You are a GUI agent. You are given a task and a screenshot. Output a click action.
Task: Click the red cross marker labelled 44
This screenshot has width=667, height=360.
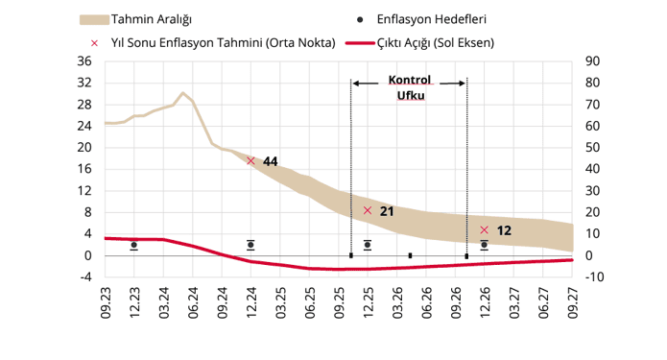(250, 160)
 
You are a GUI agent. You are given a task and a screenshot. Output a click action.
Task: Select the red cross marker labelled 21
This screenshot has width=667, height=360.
(368, 210)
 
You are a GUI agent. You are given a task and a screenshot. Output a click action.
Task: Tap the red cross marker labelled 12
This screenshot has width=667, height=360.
(484, 230)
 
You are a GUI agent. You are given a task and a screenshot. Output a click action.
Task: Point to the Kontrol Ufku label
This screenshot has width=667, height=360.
(410, 88)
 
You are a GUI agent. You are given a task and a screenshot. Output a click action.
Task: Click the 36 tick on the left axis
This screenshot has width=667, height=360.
(83, 61)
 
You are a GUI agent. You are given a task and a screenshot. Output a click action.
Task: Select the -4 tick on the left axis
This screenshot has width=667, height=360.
(85, 277)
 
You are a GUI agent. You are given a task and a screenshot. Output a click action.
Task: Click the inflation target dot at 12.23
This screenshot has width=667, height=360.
(133, 246)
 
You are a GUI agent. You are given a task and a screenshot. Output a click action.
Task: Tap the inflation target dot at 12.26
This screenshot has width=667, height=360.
(484, 245)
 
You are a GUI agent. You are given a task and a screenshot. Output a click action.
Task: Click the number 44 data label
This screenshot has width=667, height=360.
(270, 162)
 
